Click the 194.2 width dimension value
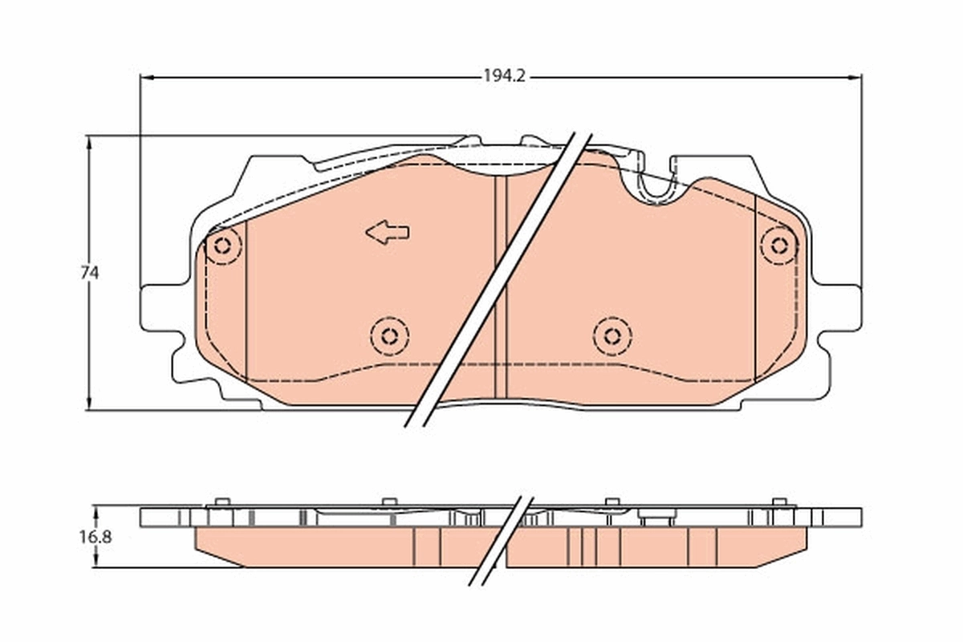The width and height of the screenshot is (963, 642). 504,77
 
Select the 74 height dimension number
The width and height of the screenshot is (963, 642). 89,273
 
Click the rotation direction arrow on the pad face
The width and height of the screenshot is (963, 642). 388,233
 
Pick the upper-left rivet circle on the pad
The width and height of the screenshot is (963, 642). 223,246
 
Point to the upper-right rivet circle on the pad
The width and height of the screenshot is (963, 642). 778,246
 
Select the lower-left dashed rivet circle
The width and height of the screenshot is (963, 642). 389,335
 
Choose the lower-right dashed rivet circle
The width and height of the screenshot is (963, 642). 612,335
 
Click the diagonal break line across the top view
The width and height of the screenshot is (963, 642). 498,281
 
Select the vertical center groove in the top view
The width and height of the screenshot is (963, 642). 501,289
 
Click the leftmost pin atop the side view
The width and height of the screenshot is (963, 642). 222,502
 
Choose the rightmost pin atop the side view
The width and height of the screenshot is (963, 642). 778,502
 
